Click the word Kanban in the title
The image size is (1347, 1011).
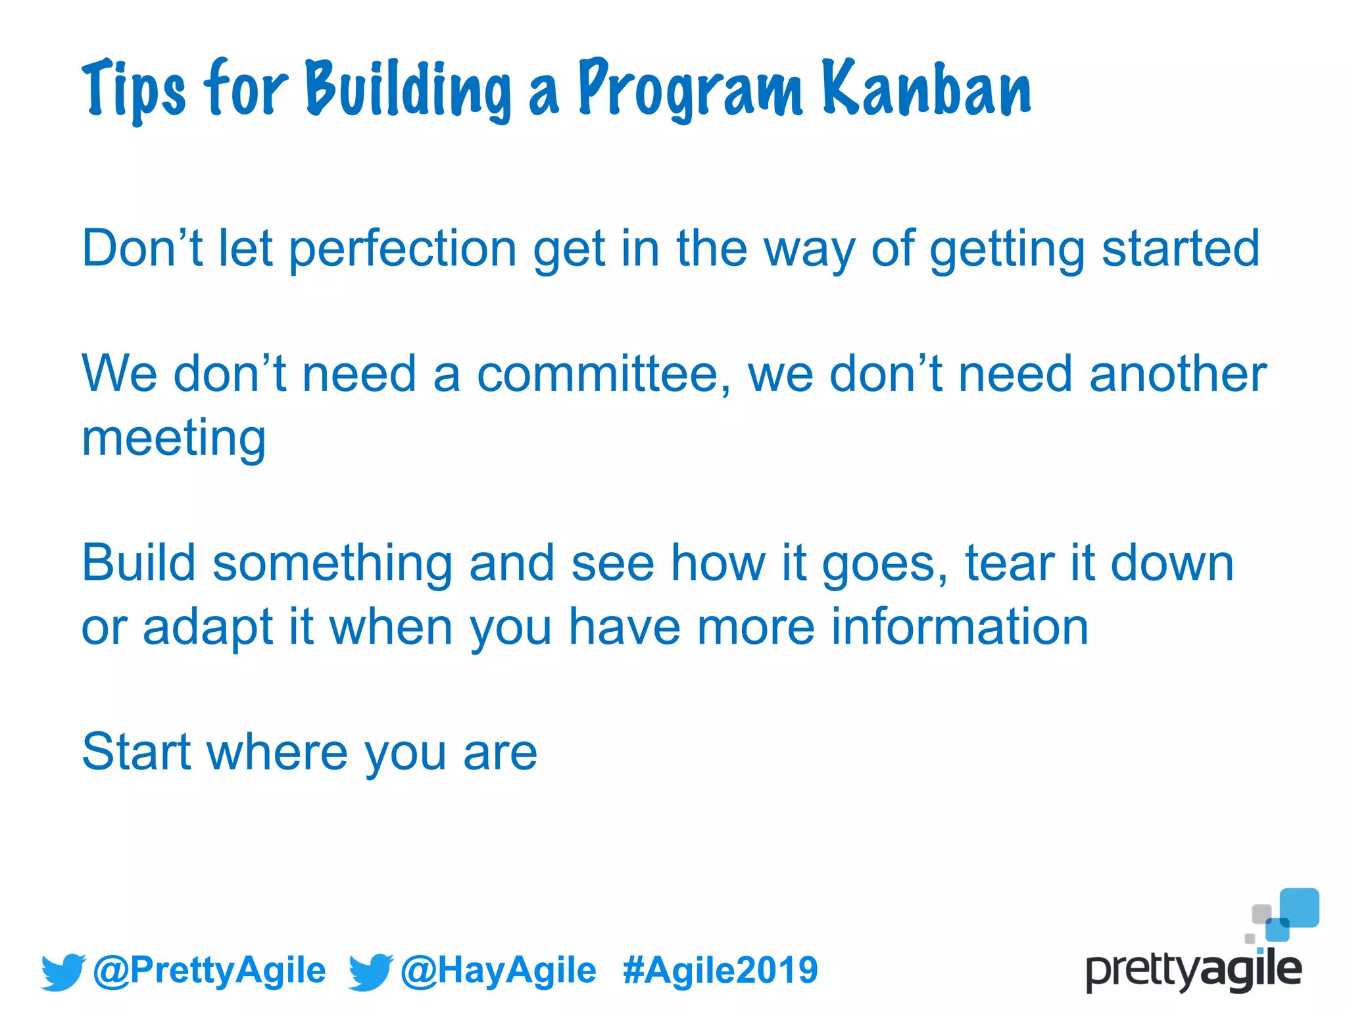pos(926,89)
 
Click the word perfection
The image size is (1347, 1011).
pos(403,249)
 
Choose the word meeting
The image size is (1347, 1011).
pos(174,438)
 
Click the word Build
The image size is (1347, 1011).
pos(139,563)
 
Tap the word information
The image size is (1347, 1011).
pos(960,626)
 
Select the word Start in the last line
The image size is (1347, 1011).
pos(135,752)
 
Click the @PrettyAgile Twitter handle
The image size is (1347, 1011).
pos(209,970)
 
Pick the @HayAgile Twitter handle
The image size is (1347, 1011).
pos(498,970)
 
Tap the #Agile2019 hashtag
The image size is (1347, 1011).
pos(720,970)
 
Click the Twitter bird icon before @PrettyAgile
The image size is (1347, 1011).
pos(62,972)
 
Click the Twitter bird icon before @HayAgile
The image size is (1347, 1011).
pos(370,972)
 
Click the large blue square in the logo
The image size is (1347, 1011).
pos(1300,907)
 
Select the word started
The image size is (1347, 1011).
pos(1181,249)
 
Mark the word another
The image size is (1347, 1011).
pos(1177,374)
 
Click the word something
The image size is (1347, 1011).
pos(332,564)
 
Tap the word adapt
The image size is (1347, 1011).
pos(208,627)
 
